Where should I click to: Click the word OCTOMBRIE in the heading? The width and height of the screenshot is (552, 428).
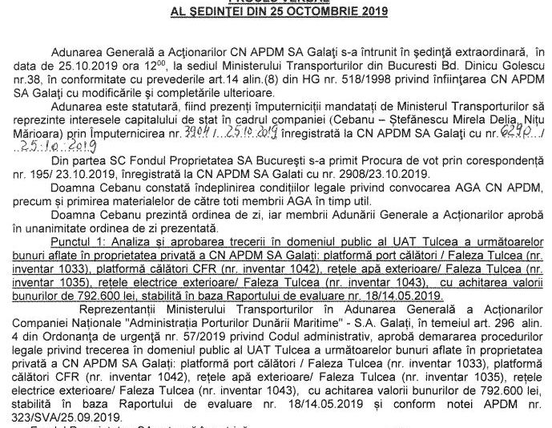tap(316, 12)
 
